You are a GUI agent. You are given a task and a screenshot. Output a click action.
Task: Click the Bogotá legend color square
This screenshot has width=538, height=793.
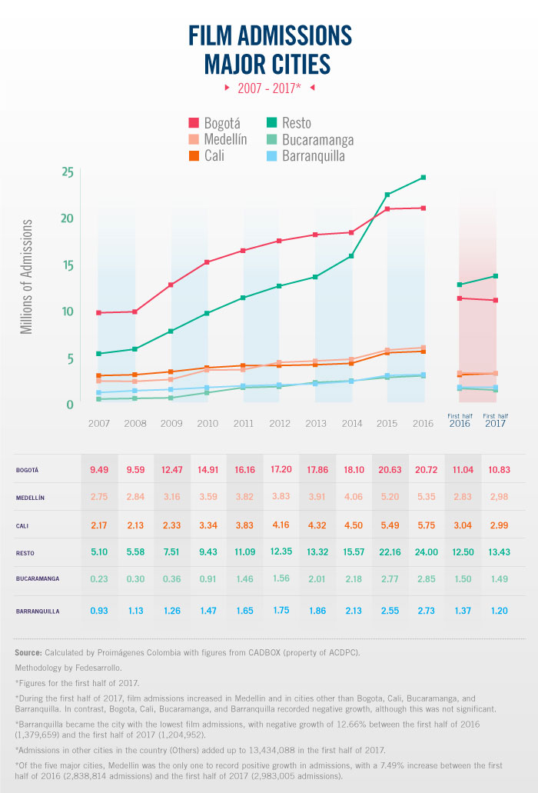(194, 124)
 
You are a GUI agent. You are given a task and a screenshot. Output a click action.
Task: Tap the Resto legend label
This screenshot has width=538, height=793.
(297, 123)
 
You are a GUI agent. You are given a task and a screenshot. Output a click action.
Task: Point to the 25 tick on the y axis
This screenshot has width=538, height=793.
(67, 172)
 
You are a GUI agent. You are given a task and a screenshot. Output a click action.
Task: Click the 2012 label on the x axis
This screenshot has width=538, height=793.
(281, 423)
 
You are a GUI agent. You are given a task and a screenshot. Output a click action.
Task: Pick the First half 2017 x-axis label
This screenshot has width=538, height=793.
(496, 420)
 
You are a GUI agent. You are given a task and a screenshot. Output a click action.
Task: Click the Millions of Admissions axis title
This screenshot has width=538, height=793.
(27, 276)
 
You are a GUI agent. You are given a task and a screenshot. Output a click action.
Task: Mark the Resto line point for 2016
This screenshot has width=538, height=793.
(423, 178)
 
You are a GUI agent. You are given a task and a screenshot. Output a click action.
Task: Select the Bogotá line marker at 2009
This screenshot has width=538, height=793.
(171, 285)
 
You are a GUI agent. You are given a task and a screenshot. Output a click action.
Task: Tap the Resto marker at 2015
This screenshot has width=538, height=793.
(387, 195)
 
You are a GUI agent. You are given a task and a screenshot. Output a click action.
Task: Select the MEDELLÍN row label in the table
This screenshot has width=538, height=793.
(30, 498)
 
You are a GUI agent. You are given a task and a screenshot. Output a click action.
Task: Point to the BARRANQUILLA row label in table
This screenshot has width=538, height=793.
(37, 611)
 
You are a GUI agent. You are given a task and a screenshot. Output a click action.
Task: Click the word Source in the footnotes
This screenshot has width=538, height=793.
(28, 652)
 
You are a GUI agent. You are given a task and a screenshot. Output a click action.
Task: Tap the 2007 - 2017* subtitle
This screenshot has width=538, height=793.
(268, 88)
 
